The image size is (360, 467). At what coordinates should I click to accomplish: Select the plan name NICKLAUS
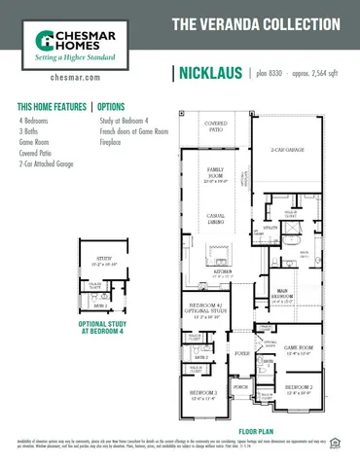click(209, 73)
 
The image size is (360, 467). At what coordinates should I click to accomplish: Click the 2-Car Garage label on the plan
click(289, 149)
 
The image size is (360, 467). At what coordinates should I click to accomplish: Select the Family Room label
click(215, 171)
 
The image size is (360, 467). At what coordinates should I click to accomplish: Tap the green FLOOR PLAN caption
click(257, 430)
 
